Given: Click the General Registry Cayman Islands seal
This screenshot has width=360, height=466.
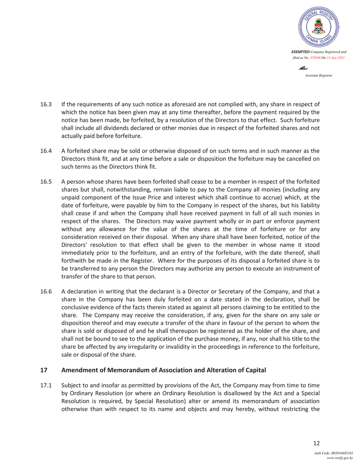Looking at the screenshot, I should click(318, 25).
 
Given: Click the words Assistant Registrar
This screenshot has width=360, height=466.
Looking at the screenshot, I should click(318, 75).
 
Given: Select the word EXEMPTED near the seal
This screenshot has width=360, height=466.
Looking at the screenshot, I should click(300, 52).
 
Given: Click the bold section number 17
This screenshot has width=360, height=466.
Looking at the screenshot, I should click(43, 370).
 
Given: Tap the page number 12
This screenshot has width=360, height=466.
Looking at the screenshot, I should click(316, 443).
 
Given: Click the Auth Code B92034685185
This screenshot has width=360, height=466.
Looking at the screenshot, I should click(334, 453).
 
